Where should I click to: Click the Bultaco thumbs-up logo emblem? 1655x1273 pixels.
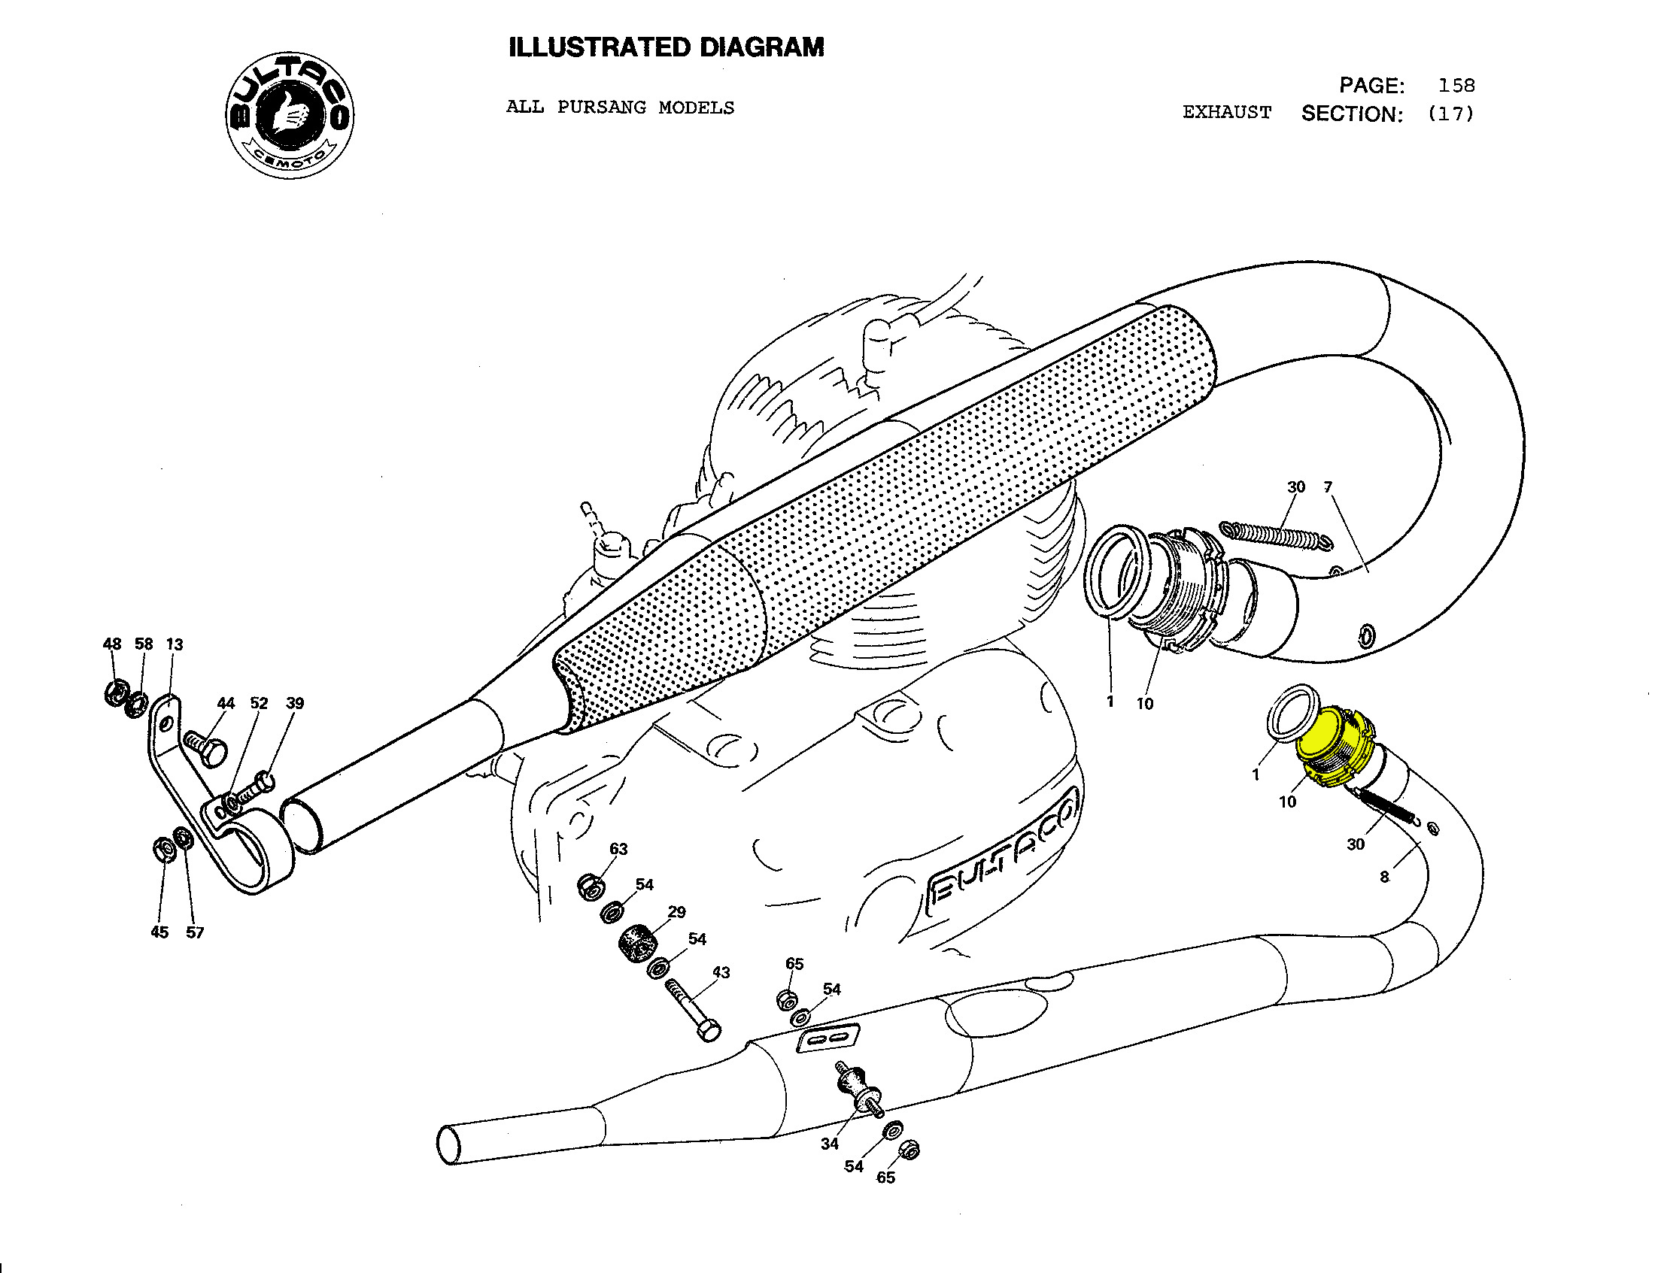coord(290,115)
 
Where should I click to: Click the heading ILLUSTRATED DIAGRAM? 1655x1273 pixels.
coord(666,47)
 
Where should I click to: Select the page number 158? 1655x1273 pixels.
coord(1456,86)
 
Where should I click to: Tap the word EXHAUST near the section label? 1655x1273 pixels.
coord(1227,113)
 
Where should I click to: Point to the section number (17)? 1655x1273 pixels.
coord(1450,114)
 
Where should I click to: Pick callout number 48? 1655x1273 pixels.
coord(112,644)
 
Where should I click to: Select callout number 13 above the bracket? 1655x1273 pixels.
coord(175,644)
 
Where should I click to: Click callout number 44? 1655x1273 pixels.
coord(226,703)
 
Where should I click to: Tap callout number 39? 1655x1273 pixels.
coord(295,703)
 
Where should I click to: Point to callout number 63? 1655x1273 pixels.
coord(618,849)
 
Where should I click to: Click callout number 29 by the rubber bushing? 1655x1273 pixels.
coord(677,912)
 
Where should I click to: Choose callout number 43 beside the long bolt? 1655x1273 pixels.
coord(721,972)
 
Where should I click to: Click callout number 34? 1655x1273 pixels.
coord(830,1144)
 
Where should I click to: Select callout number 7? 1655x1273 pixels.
coord(1328,487)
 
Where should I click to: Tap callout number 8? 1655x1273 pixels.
coord(1384,877)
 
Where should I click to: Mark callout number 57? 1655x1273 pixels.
coord(195,932)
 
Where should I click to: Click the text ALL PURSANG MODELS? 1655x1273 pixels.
coord(620,108)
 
